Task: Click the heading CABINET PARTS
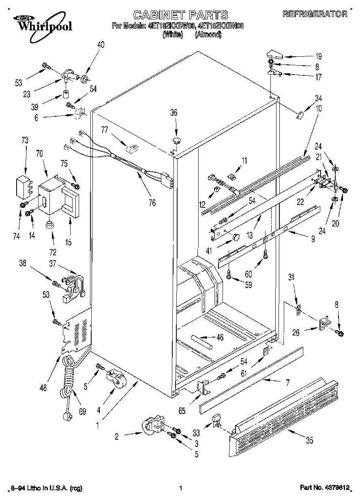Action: (180, 15)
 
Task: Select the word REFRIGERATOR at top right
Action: (315, 14)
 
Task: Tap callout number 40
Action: (101, 45)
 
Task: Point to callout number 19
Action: (319, 56)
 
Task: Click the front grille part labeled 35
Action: (284, 413)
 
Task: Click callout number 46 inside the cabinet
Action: (220, 337)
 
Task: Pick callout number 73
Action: (25, 140)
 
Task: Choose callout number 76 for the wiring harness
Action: (152, 203)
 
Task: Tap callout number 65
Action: (182, 411)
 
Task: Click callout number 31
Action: (291, 278)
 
